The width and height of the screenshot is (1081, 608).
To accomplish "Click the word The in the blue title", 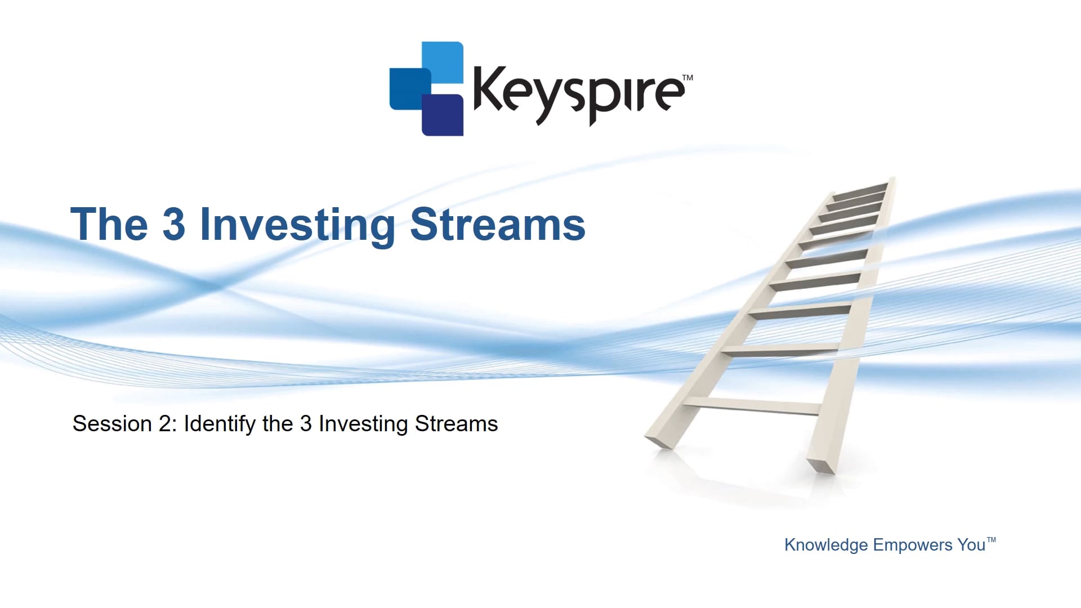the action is (109, 224).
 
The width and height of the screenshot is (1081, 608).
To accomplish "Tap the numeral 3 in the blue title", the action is (174, 224).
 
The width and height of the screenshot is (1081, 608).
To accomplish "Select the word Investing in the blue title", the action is (298, 226).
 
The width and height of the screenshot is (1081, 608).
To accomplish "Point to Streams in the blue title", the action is (498, 224).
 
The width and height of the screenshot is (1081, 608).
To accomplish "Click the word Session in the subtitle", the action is (112, 424).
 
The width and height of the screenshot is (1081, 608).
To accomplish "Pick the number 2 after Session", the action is (164, 424).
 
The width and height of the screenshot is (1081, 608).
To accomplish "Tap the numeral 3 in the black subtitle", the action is (306, 424).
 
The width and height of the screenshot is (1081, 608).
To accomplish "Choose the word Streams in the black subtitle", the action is (457, 424).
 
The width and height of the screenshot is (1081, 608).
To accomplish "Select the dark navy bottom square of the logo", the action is (443, 115).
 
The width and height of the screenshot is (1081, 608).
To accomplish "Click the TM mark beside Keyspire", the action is (687, 78).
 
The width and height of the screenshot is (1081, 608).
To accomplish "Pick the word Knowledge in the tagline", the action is (826, 545).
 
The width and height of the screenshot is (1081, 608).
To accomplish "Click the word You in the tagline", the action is (971, 545).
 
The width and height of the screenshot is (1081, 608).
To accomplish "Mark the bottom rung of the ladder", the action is (752, 405).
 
